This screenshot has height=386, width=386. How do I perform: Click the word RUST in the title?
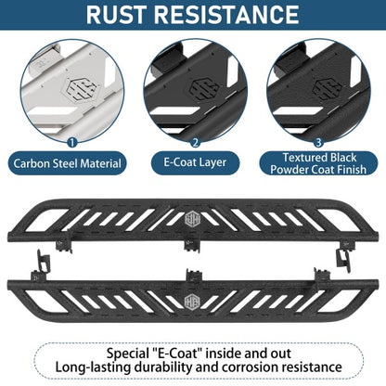pos(116,14)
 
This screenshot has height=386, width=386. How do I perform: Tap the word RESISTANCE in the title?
pos(226,14)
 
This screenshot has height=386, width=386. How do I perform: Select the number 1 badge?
pos(71,143)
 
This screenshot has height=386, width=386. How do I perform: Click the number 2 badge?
pos(195,143)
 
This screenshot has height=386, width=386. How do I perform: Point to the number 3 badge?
pos(318,143)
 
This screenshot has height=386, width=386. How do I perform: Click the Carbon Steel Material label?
pos(67,163)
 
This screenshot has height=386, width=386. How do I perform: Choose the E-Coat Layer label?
pos(195,162)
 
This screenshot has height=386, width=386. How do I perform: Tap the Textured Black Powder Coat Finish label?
pos(318,163)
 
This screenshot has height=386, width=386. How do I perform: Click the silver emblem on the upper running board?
pos(193,219)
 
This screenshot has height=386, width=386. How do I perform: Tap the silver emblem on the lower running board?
pos(192,301)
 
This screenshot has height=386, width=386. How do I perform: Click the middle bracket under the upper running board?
pos(192,245)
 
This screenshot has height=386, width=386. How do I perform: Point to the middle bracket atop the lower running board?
pos(194,275)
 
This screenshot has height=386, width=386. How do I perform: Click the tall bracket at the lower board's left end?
pos(42,263)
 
